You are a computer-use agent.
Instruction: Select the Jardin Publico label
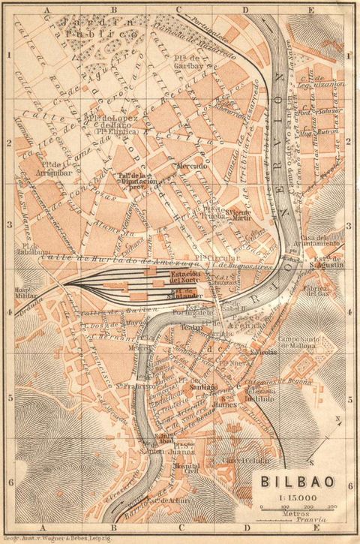pyautogui.click(x=90, y=28)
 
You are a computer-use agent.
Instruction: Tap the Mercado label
pyautogui.click(x=190, y=166)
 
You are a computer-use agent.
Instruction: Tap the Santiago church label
pyautogui.click(x=203, y=387)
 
